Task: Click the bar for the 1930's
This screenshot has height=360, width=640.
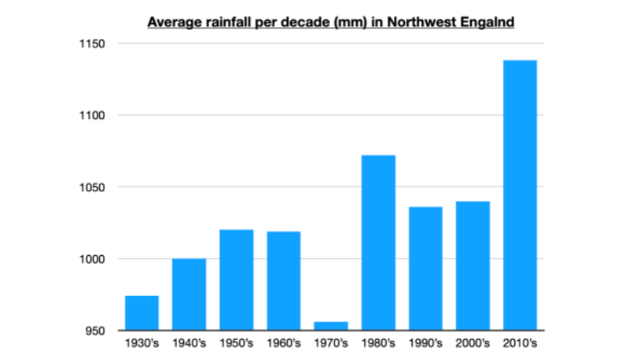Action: [x=142, y=313]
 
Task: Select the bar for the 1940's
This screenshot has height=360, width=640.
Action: [x=189, y=295]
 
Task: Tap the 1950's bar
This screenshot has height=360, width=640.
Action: [x=236, y=280]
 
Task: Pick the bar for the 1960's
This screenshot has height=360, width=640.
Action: [x=283, y=281]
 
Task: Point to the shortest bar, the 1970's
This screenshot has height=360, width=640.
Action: [x=331, y=326]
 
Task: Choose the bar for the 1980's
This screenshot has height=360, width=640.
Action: [x=378, y=242]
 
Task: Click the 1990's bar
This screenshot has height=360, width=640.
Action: [x=425, y=268]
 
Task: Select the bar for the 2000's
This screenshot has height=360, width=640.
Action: [x=472, y=266]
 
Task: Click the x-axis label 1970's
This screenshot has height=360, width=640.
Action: [x=331, y=342]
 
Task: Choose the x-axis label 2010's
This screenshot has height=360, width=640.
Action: [x=520, y=342]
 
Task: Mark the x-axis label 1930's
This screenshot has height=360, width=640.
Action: [x=142, y=342]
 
